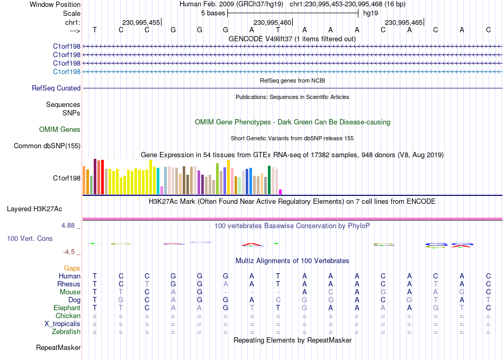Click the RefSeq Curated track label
coord(56,88)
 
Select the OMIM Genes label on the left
coord(60,129)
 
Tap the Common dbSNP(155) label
coord(47,146)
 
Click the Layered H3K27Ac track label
coord(34,209)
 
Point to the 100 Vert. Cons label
coord(30,238)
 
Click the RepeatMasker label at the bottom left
coord(58,347)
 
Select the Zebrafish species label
coord(66,332)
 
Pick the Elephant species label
coord(67,308)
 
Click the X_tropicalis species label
coord(62,324)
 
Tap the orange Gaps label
coord(72,268)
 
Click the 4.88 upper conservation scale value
coord(68,226)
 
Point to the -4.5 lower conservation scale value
coord(69,252)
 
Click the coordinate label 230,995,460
coord(272,22)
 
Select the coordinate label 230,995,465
coord(403,22)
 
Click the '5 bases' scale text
coord(213,13)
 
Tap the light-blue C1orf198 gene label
coord(67,72)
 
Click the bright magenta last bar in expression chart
coord(281,192)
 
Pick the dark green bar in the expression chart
coord(269,180)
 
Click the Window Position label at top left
coord(55,4)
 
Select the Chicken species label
coord(68,316)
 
